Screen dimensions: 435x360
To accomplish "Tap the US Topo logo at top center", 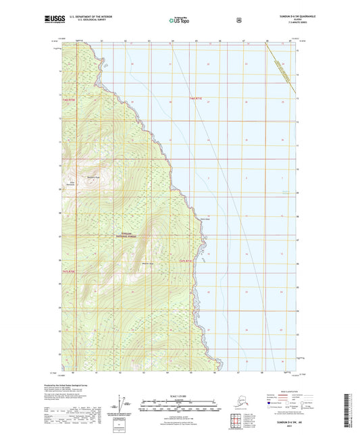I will pyautogui.click(x=179, y=21).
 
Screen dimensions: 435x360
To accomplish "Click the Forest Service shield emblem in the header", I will pyautogui.click(x=240, y=20).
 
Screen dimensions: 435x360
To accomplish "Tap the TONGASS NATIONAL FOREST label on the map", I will pyautogui.click(x=122, y=236).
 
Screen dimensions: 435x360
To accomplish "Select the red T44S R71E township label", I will pyautogui.click(x=194, y=99).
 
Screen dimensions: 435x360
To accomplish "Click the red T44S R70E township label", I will pyautogui.click(x=68, y=99).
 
